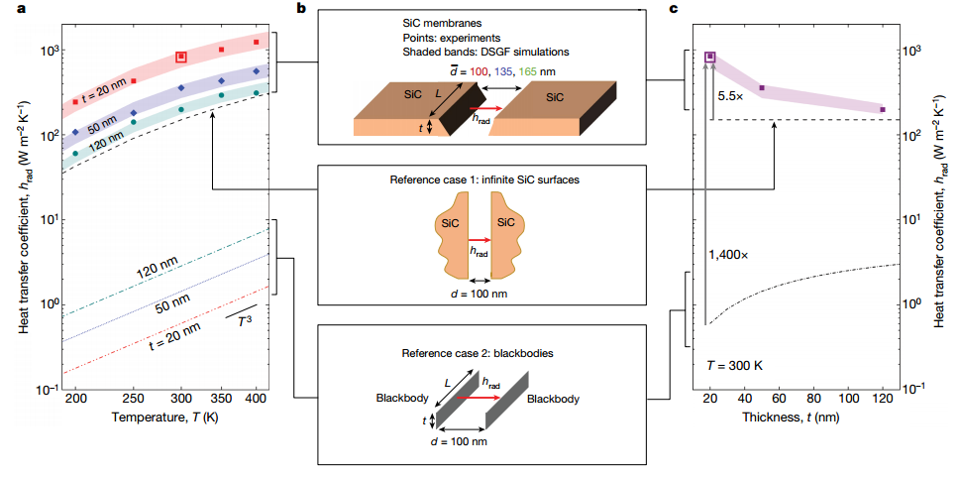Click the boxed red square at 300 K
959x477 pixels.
click(181, 58)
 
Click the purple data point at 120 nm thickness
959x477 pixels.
click(883, 109)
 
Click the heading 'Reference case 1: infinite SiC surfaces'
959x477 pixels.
click(484, 181)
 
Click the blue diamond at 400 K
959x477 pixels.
click(257, 71)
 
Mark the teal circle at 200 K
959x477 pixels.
click(75, 154)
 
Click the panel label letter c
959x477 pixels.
click(675, 9)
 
